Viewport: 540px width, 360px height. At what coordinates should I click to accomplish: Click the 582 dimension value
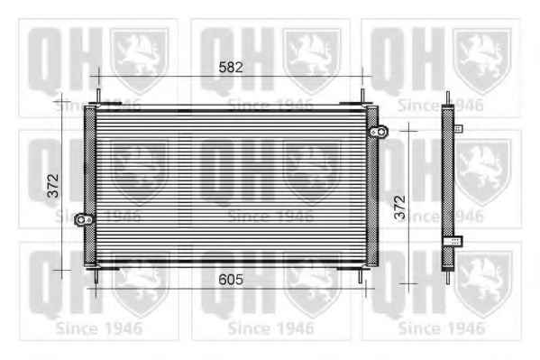231,68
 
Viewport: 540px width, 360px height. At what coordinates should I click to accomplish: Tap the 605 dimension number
231,280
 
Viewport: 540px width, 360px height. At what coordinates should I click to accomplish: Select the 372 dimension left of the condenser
53,186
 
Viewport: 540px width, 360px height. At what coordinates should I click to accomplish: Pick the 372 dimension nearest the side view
400,208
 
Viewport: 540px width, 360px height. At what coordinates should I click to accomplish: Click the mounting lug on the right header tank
380,132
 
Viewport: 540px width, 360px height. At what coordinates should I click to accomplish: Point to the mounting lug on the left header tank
84,219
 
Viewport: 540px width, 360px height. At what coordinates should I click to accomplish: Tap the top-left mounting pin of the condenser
98,96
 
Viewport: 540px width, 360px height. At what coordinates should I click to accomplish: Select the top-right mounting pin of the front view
362,96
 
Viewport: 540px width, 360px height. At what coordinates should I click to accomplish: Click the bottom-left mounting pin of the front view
96,276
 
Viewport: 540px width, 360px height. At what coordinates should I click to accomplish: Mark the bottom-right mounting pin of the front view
361,276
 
